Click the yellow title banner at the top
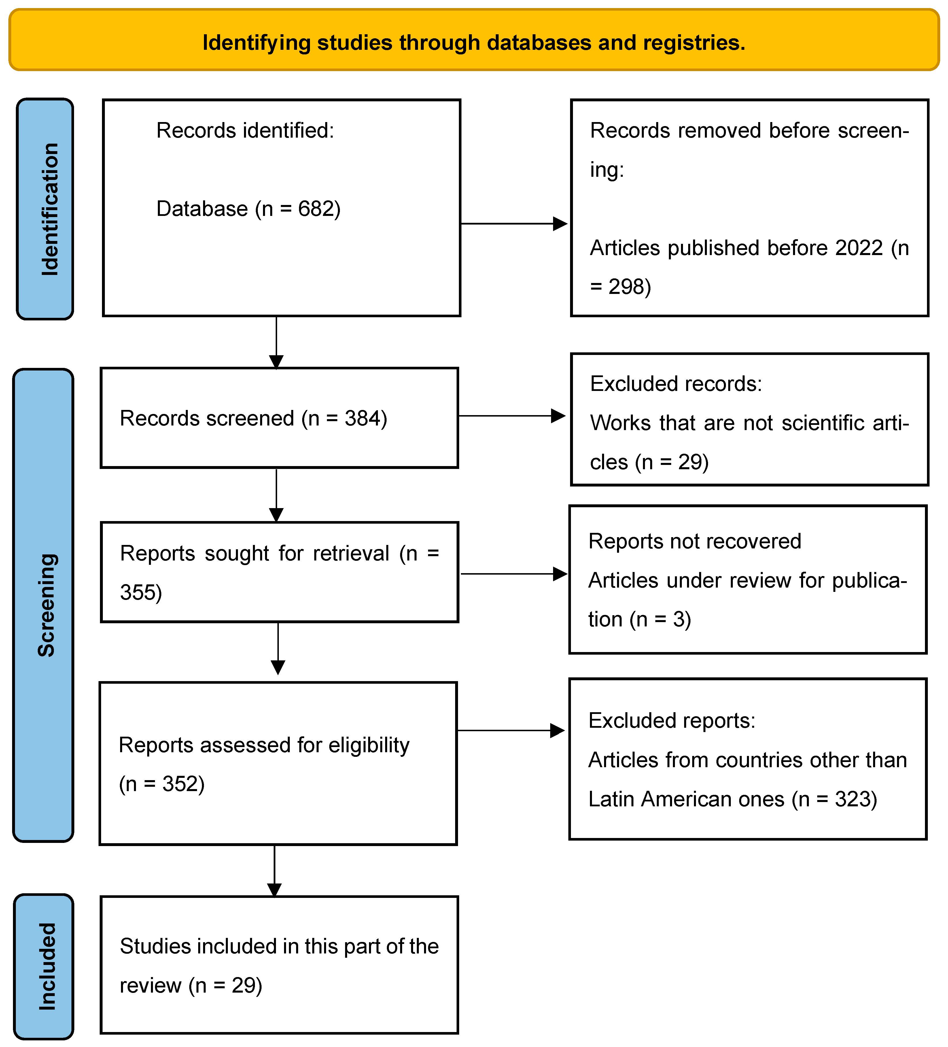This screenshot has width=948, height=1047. pos(474,40)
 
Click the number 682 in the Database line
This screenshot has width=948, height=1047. pos(315,209)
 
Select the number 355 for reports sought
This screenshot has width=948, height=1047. pos(138,592)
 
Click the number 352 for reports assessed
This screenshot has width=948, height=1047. pos(180,784)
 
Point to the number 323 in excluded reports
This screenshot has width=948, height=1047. pos(852,799)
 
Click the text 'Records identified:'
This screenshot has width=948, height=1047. pos(245,130)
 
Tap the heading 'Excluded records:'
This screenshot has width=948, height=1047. pos(676,384)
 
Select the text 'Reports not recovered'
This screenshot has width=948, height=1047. pos(695,541)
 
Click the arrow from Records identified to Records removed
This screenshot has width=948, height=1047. pos(514,224)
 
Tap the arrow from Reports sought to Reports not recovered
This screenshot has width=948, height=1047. pos(514,574)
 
